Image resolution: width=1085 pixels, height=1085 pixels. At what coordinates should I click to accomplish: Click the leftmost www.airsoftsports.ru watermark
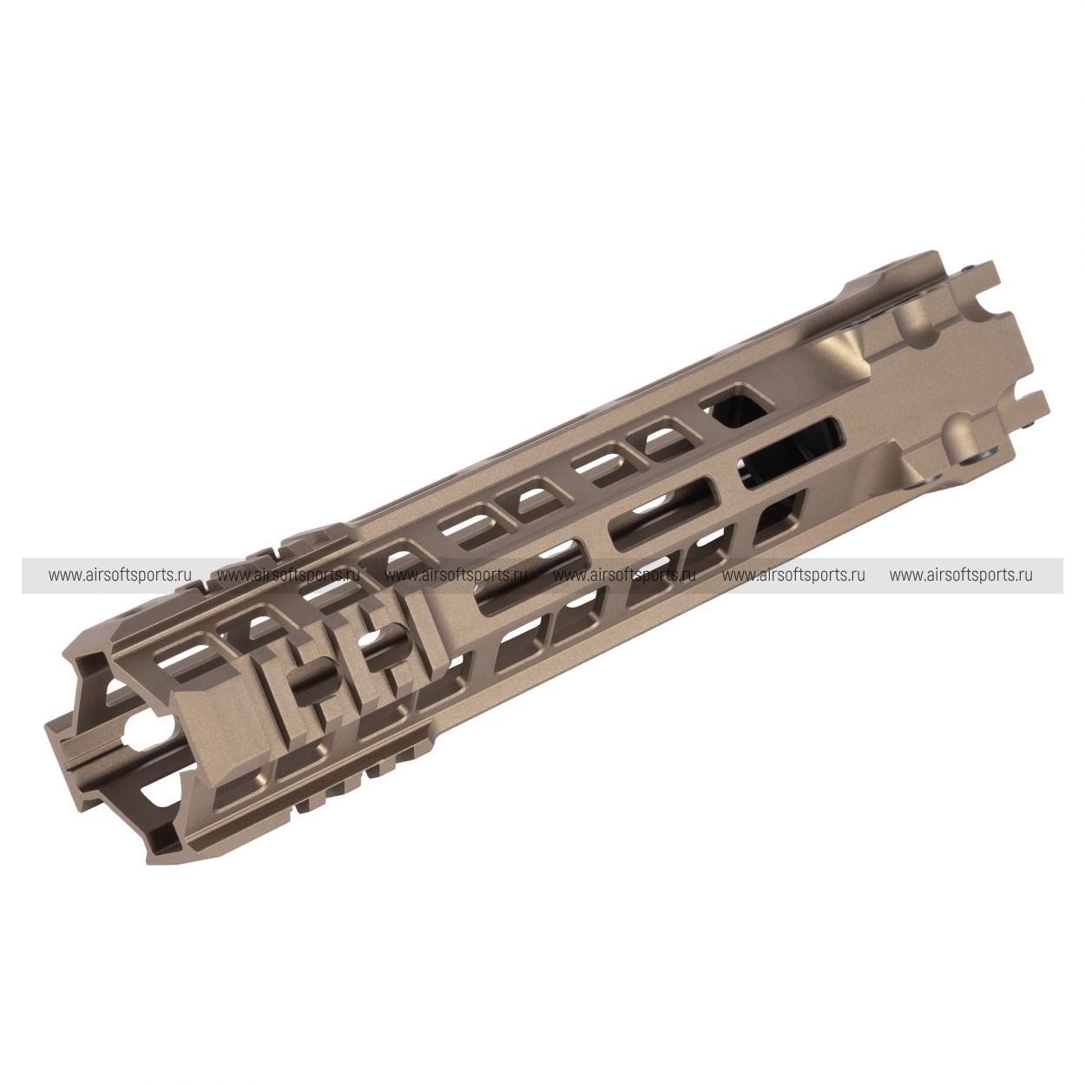tap(120, 575)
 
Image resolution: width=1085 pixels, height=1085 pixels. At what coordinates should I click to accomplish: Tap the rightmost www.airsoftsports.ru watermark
tap(961, 575)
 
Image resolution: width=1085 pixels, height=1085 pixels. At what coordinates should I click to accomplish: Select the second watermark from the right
tap(793, 575)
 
